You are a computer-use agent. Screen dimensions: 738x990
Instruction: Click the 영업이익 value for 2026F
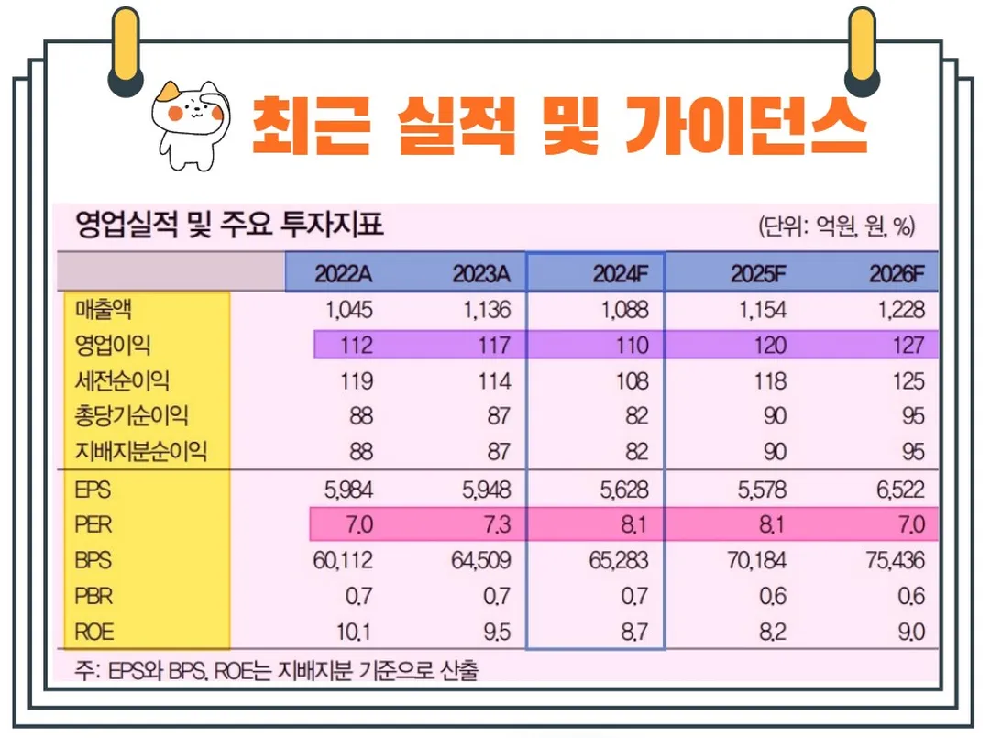(907, 345)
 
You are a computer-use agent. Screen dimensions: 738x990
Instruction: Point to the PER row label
(93, 525)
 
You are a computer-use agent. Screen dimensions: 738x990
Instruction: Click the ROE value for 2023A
(494, 631)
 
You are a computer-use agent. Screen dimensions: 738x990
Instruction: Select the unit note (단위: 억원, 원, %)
(836, 226)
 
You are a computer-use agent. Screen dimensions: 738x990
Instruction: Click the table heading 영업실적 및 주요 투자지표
(229, 225)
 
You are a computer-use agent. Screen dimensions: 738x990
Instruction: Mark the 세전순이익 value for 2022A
(356, 380)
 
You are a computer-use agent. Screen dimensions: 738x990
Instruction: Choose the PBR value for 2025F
(772, 596)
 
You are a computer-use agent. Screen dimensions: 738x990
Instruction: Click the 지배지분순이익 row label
(141, 451)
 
